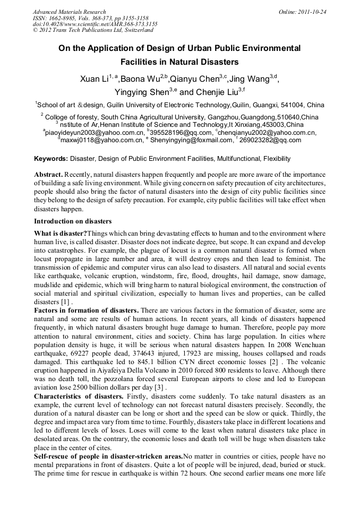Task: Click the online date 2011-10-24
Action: [313, 12]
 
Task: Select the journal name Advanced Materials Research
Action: [70, 12]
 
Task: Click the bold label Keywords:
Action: [51, 159]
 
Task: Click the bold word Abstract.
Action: [48, 175]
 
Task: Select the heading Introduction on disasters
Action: [73, 221]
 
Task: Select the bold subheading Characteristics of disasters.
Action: [78, 396]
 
